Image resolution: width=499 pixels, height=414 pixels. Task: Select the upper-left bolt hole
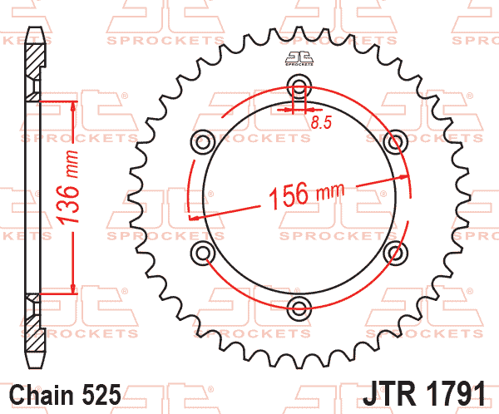pos(202,142)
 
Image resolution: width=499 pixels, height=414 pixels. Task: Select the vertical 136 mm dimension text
pos(73,197)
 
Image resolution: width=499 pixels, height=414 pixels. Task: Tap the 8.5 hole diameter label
pos(321,123)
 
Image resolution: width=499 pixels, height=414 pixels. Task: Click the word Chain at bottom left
pos(41,393)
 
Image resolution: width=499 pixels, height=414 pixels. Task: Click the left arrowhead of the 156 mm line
pos(194,218)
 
